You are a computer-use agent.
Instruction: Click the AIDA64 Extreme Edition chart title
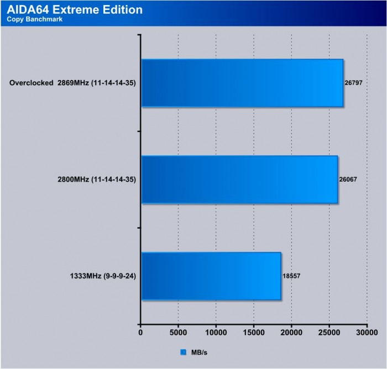click(x=74, y=9)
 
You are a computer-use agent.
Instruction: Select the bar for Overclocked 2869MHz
click(x=242, y=83)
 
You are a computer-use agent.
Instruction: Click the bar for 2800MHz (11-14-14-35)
click(x=239, y=180)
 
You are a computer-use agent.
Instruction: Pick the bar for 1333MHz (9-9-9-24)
click(x=211, y=276)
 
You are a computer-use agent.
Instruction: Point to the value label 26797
click(x=354, y=83)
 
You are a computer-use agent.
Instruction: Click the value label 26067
click(x=348, y=180)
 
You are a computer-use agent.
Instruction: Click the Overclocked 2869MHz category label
click(x=72, y=83)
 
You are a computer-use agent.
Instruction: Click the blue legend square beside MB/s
click(x=183, y=351)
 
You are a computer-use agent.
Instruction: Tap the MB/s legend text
click(x=198, y=351)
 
